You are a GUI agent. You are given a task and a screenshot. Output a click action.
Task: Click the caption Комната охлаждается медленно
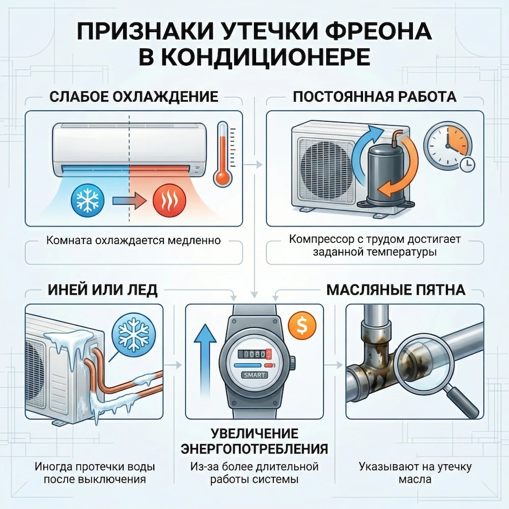(x=133, y=240)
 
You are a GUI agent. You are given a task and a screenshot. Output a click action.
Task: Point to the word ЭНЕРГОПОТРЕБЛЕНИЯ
(x=254, y=448)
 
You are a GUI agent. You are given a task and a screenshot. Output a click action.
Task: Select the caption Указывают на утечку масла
(x=415, y=473)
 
